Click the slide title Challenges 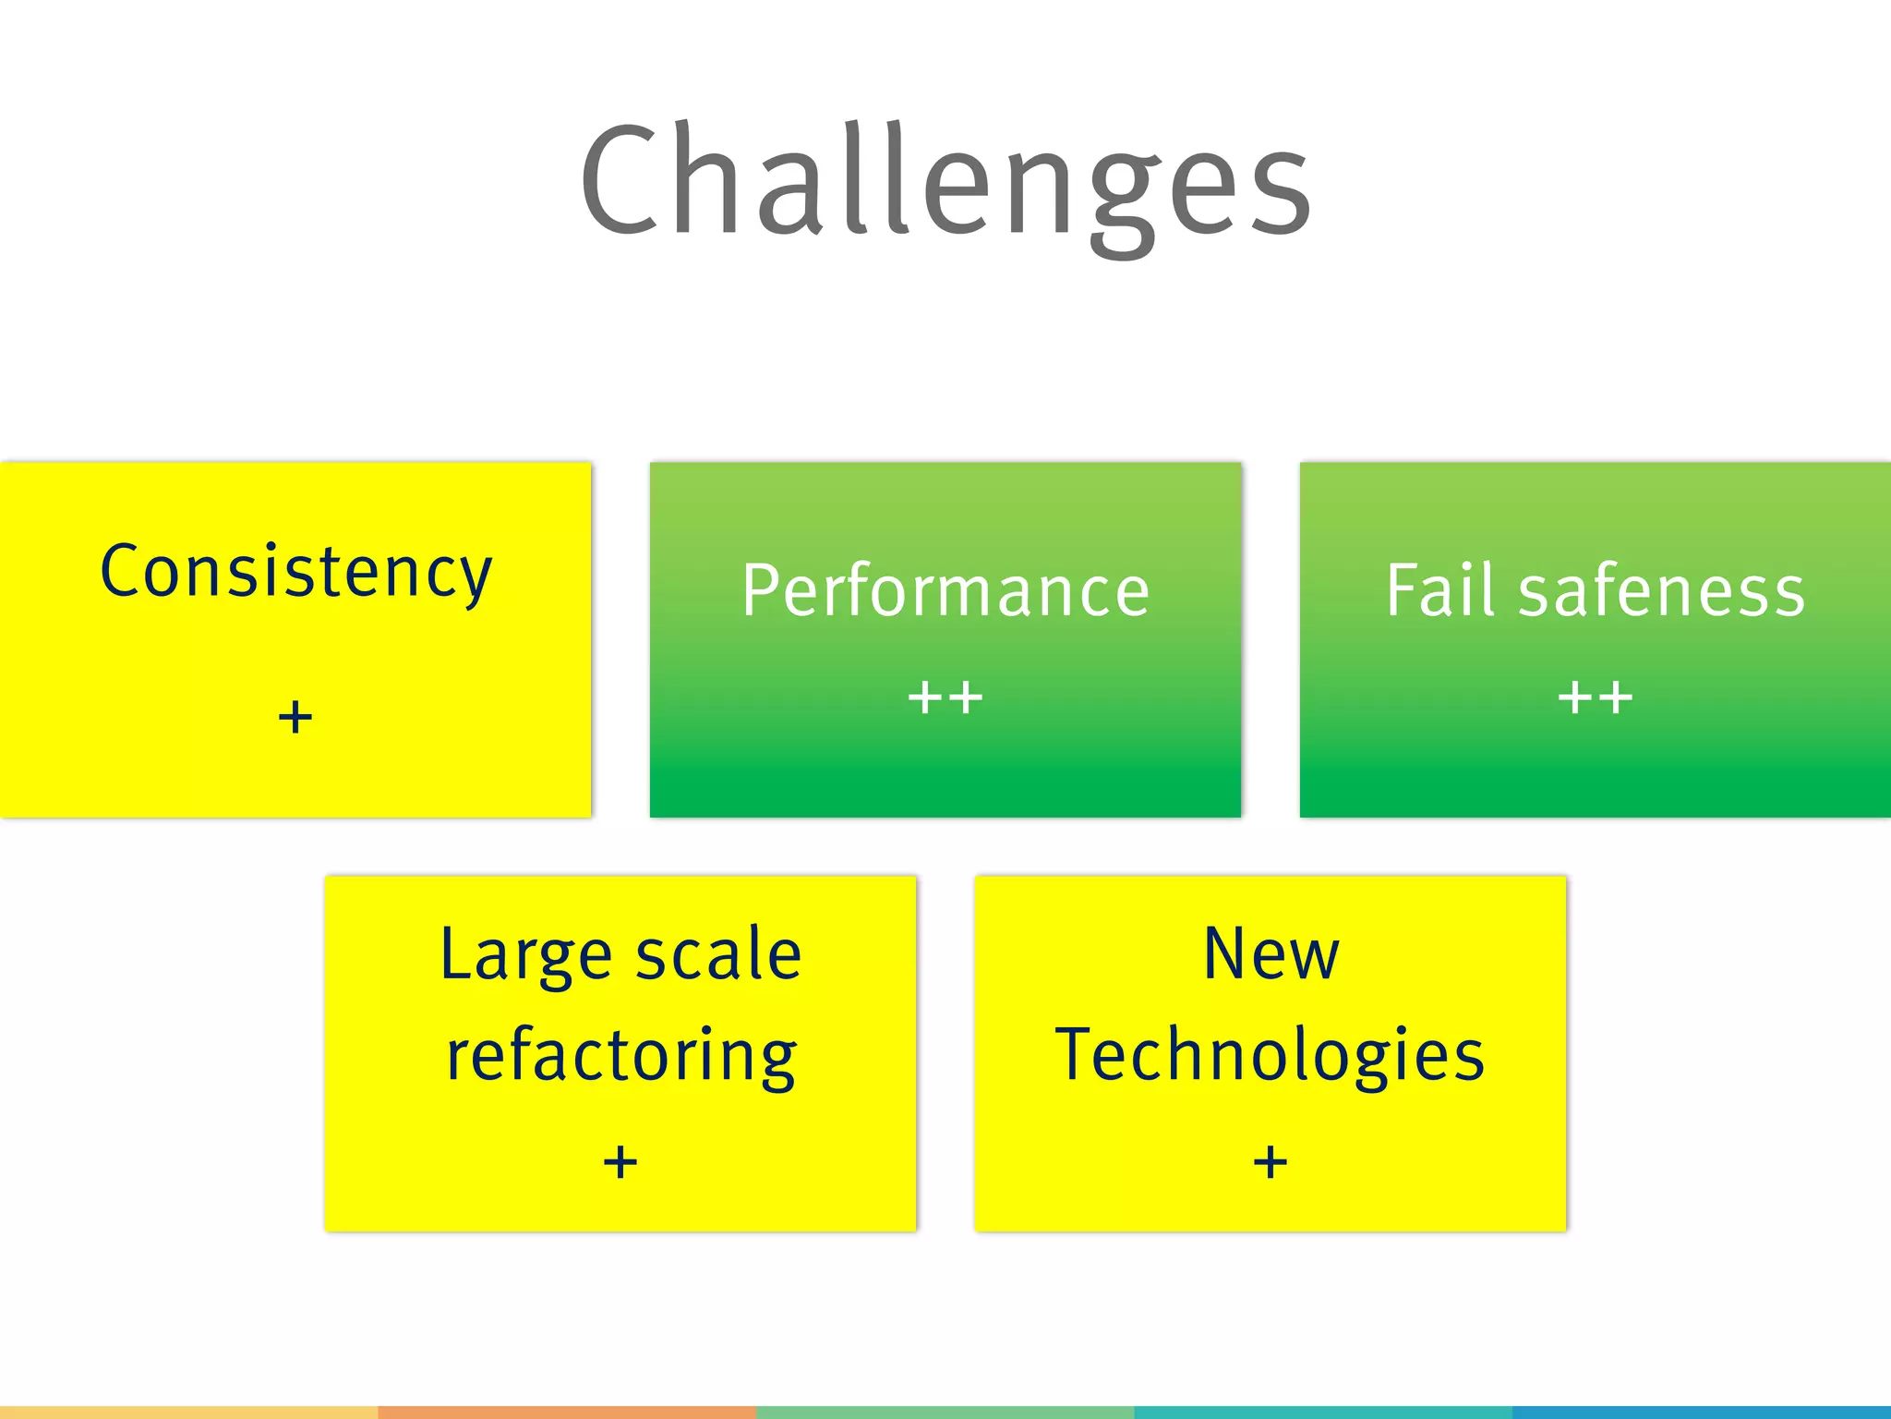945,180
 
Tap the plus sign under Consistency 295,717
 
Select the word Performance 945,591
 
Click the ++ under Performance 945,697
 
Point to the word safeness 1662,591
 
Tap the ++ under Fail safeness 1595,697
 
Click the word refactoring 620,1056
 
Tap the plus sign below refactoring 620,1161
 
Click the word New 1271,954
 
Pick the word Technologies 1271,1056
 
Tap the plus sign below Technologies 1271,1161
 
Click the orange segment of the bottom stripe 567,1413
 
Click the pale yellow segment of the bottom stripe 188,1413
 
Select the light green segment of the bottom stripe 945,1413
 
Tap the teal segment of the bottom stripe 1323,1413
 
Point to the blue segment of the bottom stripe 1702,1413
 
